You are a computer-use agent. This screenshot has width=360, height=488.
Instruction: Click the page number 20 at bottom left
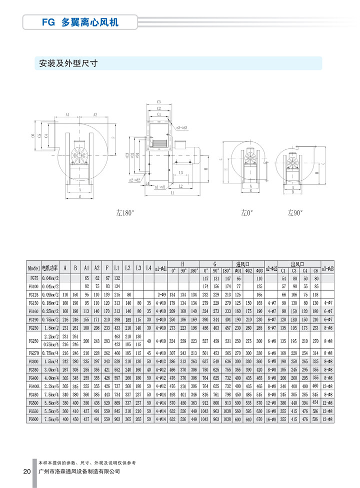tap(26, 472)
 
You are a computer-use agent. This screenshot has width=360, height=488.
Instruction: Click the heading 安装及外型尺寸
tap(67, 63)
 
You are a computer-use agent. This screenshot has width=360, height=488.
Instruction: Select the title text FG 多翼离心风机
tap(79, 22)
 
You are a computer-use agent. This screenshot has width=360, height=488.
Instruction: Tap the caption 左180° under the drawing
tap(125, 213)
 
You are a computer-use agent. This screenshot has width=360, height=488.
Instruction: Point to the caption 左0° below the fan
tap(246, 213)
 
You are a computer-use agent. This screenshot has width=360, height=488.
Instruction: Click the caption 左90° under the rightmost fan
tap(295, 213)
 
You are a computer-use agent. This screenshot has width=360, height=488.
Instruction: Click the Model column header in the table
tap(33, 267)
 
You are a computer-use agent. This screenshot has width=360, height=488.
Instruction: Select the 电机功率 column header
tap(50, 267)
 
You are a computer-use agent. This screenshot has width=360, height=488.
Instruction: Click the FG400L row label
tap(33, 386)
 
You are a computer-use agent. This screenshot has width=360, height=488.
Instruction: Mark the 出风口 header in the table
tap(299, 263)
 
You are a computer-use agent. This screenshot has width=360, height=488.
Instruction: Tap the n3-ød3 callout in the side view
tap(181, 127)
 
